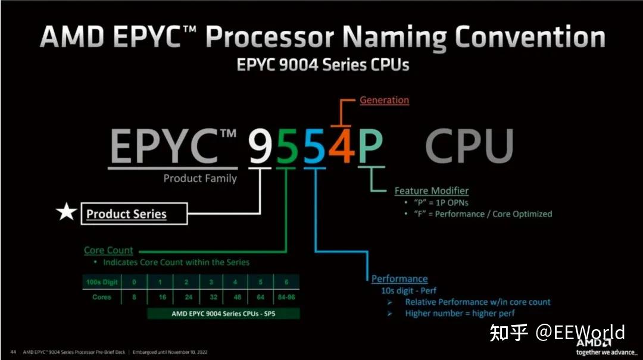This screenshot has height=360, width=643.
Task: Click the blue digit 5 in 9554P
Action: (314, 146)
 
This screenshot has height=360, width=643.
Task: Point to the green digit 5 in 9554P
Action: (287, 146)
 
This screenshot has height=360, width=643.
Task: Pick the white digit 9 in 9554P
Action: (260, 146)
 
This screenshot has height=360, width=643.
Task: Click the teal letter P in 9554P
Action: (370, 146)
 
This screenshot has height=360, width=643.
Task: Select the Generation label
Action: (384, 100)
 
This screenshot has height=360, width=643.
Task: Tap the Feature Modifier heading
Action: (431, 191)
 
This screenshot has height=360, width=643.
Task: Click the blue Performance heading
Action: (399, 278)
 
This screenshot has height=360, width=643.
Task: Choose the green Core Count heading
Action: (108, 251)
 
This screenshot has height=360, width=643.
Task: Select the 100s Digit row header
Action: (101, 282)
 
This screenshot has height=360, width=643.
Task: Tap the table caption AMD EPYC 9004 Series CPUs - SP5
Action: (223, 313)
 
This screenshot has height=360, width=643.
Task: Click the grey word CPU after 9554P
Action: (469, 146)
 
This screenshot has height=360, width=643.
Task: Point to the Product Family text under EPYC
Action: (200, 179)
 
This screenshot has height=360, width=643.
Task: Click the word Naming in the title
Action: (394, 37)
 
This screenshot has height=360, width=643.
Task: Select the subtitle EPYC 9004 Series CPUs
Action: (323, 64)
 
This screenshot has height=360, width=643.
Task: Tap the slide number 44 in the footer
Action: (13, 352)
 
